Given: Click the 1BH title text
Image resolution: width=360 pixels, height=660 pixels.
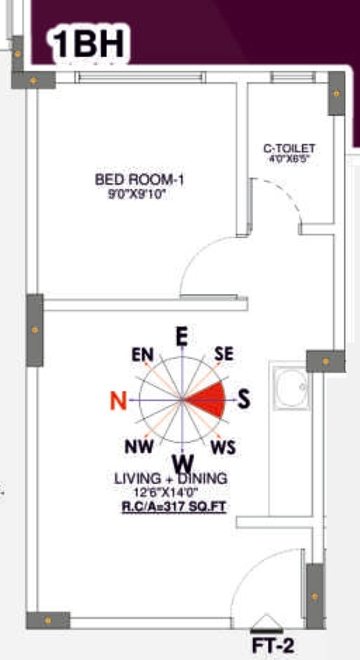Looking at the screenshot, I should [89, 44].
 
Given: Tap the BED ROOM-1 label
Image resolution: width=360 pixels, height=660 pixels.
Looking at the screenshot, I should [139, 179].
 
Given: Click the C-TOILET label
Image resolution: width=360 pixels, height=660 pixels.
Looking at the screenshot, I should [289, 148].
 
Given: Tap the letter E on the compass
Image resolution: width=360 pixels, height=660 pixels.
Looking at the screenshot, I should [181, 337].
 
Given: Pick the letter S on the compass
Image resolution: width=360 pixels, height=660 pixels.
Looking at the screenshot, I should [243, 400].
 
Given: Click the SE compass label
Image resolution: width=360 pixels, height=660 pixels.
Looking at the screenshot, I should [224, 354].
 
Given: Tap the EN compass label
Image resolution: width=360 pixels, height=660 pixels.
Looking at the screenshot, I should [142, 355].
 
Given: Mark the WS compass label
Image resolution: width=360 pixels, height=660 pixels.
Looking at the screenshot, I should [223, 448].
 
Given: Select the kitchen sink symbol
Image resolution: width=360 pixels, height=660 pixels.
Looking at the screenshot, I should [290, 388].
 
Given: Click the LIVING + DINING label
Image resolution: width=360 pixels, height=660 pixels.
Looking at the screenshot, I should [171, 479].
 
